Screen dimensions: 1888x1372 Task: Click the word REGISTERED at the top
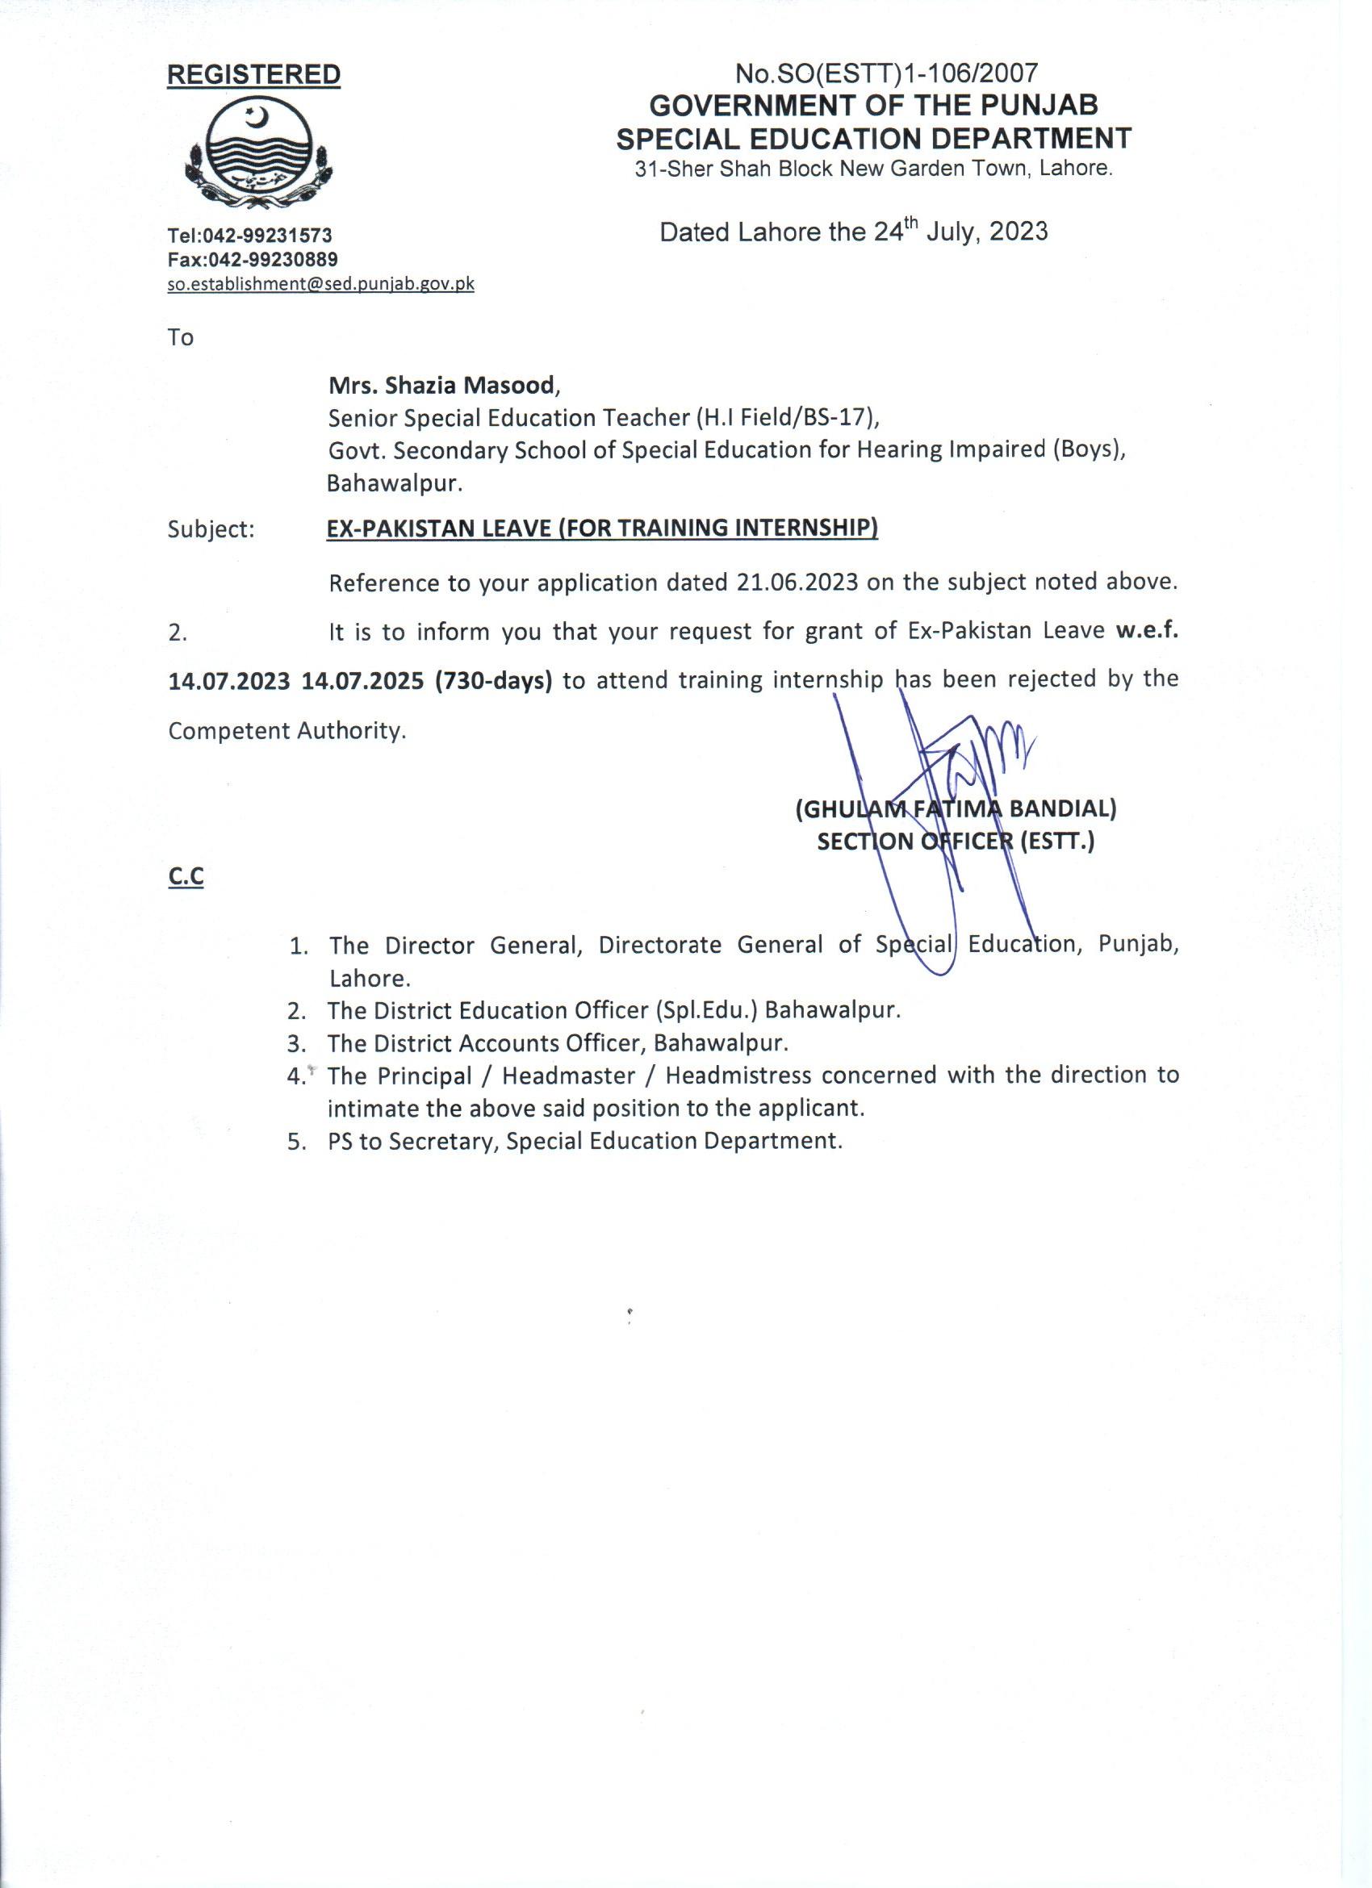tap(254, 75)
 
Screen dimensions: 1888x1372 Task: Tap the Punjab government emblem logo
tap(253, 156)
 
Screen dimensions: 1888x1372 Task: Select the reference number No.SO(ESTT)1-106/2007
tap(887, 74)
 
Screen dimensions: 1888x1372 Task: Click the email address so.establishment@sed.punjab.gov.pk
tap(320, 284)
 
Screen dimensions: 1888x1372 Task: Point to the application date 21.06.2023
tap(797, 581)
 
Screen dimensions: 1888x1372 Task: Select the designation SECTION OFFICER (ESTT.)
tap(955, 842)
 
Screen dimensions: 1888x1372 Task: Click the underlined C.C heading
tap(186, 876)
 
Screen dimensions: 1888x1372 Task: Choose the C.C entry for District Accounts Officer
tap(557, 1043)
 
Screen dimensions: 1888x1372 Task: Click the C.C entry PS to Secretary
tap(584, 1140)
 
